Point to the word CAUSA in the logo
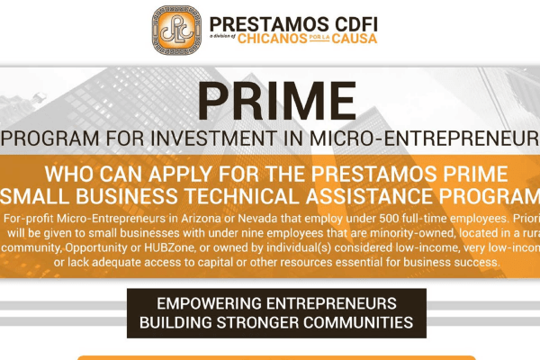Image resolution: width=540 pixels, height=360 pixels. pyautogui.click(x=356, y=38)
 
